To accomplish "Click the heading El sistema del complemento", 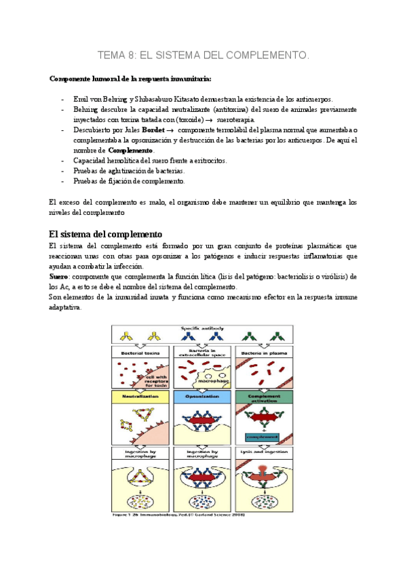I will [105, 234].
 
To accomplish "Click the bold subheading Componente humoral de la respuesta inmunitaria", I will [131, 78].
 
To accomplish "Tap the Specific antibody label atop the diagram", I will [203, 330].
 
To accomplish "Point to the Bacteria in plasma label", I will [265, 353].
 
